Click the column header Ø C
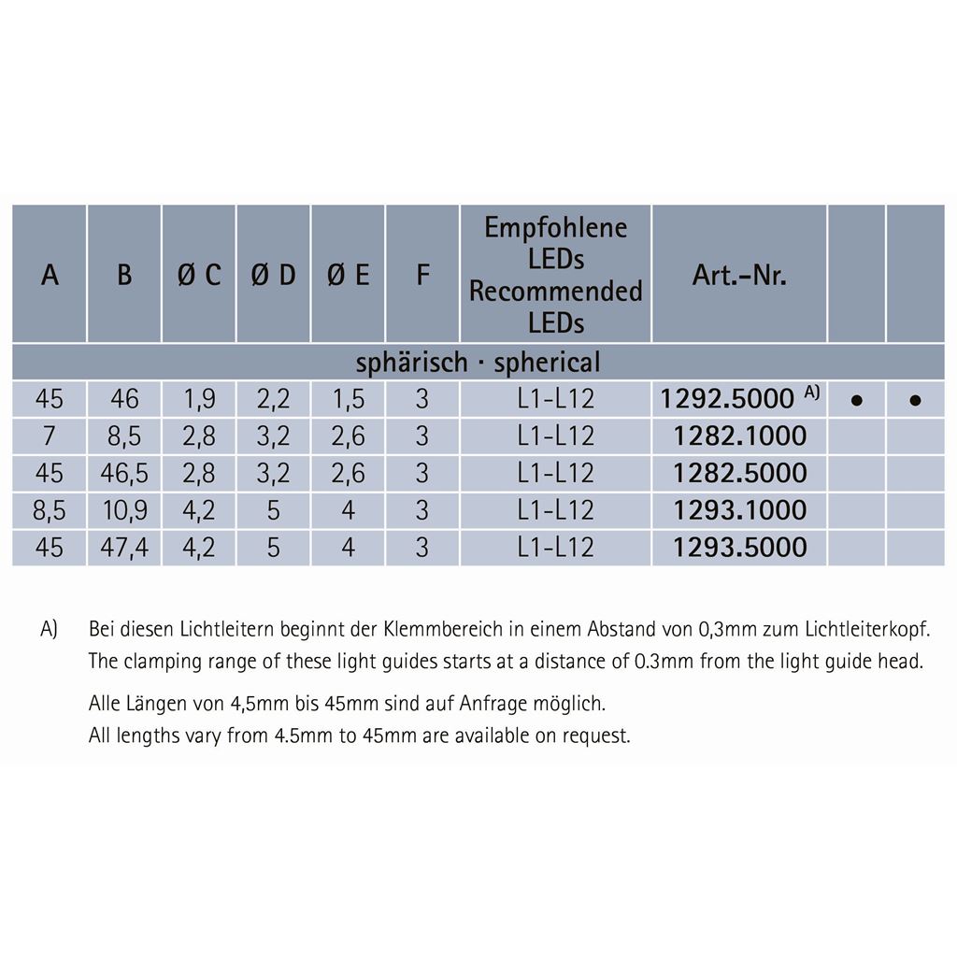pos(199,276)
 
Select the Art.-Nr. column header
pos(739,276)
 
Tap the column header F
pos(422,276)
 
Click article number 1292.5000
pos(726,400)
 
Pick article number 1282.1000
pos(739,436)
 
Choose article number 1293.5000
pos(739,547)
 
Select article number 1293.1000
pos(739,510)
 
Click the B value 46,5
pos(124,473)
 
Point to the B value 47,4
pos(124,547)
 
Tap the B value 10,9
pos(124,510)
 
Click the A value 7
pos(50,436)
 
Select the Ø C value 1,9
pos(199,400)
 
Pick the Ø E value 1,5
pos(348,400)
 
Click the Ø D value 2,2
pos(273,400)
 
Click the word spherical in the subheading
pos(547,363)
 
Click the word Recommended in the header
pos(555,292)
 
